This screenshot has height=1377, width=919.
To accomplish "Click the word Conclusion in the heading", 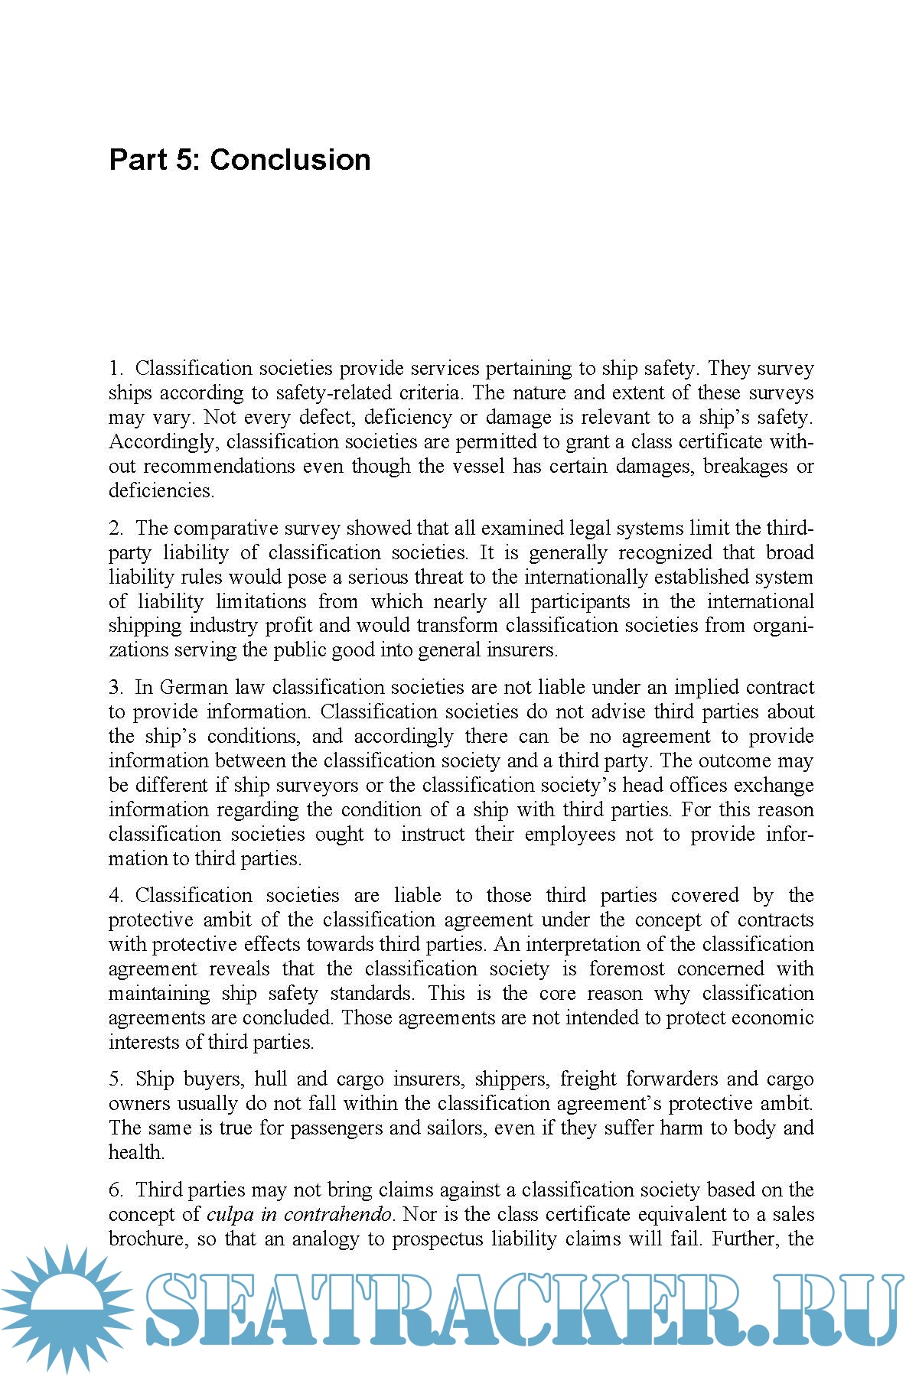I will [x=290, y=160].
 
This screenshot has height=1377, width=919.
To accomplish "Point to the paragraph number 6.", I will [x=115, y=1190].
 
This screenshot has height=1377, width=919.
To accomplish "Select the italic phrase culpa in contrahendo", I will [x=299, y=1215].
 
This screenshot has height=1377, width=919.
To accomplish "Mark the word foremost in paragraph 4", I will [x=627, y=969].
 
